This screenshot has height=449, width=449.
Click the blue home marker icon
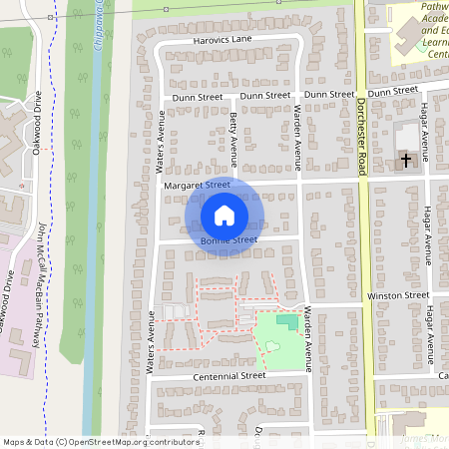click(224, 215)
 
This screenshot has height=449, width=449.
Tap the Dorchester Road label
click(363, 140)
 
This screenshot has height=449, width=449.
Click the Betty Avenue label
click(233, 139)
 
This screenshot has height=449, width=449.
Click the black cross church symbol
click(406, 160)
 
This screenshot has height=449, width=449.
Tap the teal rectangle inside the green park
click(287, 323)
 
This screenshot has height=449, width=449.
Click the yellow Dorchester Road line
click(367, 249)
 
